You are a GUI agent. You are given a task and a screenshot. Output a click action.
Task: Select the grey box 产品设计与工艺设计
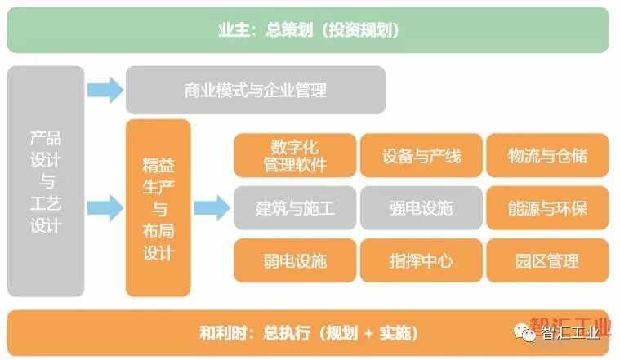(46, 180)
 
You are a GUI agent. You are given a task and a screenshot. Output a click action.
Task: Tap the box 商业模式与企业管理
(255, 90)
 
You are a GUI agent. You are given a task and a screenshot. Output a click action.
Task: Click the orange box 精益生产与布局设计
(158, 207)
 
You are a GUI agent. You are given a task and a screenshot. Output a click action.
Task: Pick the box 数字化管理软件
(295, 155)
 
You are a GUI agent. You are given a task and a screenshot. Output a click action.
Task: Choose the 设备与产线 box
(421, 155)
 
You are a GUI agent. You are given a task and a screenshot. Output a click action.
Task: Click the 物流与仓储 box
(546, 155)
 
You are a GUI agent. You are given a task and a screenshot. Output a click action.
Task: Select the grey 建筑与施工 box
(295, 207)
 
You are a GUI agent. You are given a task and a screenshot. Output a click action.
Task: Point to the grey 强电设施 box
(421, 207)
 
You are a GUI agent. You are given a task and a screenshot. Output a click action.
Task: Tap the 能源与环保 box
(546, 207)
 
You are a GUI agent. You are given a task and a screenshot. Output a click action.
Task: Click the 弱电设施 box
(295, 260)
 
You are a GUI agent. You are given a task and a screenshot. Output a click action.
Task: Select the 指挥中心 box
(421, 260)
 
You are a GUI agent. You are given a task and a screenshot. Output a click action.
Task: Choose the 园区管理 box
(546, 260)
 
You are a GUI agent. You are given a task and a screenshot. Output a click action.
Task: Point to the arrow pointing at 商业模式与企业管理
(105, 89)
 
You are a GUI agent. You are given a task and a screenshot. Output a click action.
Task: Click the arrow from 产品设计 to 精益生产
(105, 207)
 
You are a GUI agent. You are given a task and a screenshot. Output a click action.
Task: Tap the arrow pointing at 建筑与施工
(212, 207)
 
